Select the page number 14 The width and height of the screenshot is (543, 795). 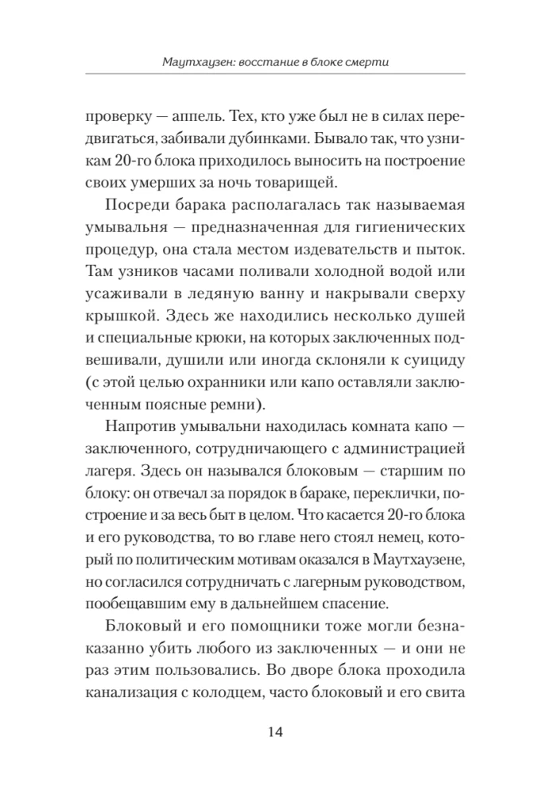pyautogui.click(x=271, y=732)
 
